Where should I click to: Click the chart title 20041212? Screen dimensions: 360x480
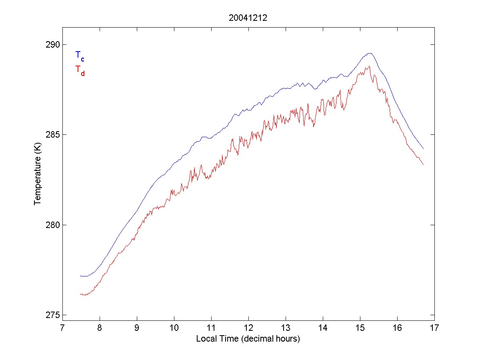point(248,18)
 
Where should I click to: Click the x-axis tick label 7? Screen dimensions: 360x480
point(62,328)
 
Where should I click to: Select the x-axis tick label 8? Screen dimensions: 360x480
point(100,328)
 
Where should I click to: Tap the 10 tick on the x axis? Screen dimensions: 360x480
point(174,328)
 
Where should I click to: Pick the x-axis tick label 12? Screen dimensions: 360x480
point(248,328)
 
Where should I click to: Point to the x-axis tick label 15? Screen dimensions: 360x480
point(360,328)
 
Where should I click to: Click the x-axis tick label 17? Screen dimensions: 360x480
point(434,328)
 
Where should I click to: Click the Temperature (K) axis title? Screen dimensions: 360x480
point(38,180)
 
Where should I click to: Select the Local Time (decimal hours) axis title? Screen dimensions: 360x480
point(248,339)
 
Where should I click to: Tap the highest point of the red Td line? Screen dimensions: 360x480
point(369,66)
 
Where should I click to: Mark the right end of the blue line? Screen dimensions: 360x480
point(423,149)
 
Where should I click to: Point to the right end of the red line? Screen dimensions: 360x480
point(423,164)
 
